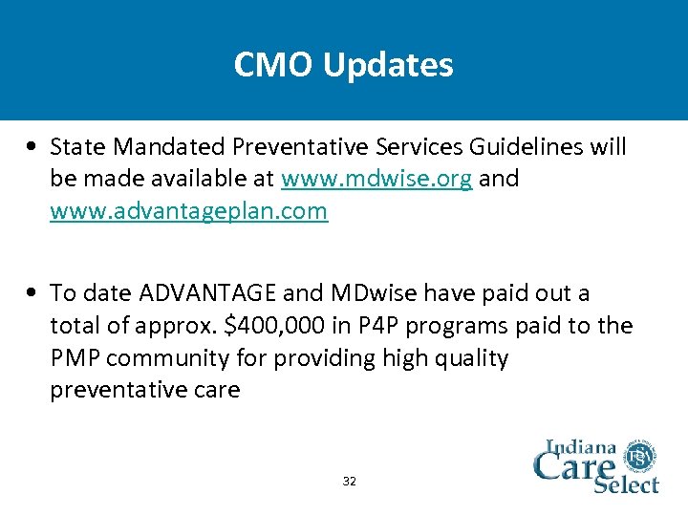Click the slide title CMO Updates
344,65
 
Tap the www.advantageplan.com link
188,212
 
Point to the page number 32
349,481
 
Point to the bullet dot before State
33,148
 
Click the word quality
468,358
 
